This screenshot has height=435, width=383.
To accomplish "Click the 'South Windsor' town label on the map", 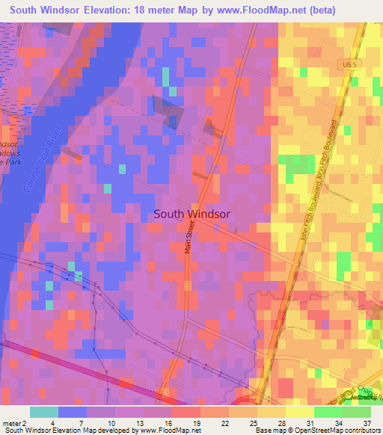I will pyautogui.click(x=191, y=214).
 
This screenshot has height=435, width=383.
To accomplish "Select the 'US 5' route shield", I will pyautogui.click(x=343, y=64).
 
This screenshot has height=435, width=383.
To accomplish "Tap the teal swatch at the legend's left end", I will pyautogui.click(x=44, y=412).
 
